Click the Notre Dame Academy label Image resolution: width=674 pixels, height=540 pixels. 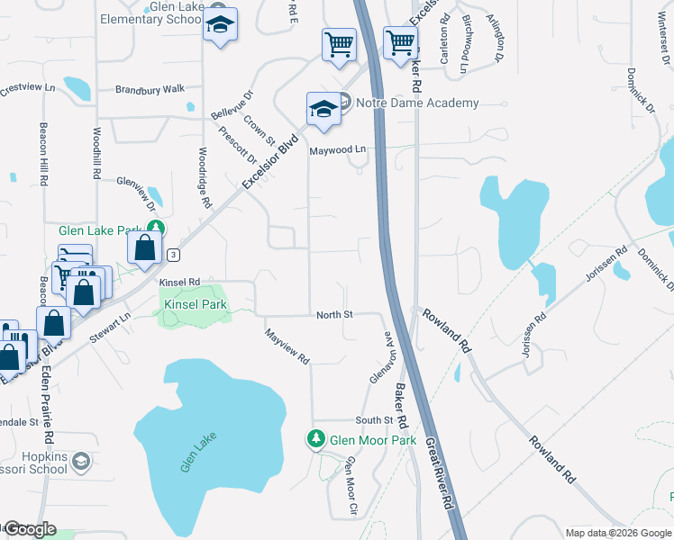[416, 103]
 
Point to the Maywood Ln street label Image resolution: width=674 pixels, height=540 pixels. [338, 149]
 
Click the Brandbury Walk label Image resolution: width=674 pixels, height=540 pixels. [150, 89]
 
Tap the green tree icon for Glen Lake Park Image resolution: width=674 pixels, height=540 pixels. [157, 229]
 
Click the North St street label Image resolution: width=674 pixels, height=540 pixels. [333, 315]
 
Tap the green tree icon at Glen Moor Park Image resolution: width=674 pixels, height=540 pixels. [316, 439]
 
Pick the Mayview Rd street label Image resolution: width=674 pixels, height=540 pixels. [287, 346]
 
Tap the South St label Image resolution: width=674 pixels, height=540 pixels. [373, 420]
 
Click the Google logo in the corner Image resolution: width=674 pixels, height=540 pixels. [30, 529]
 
